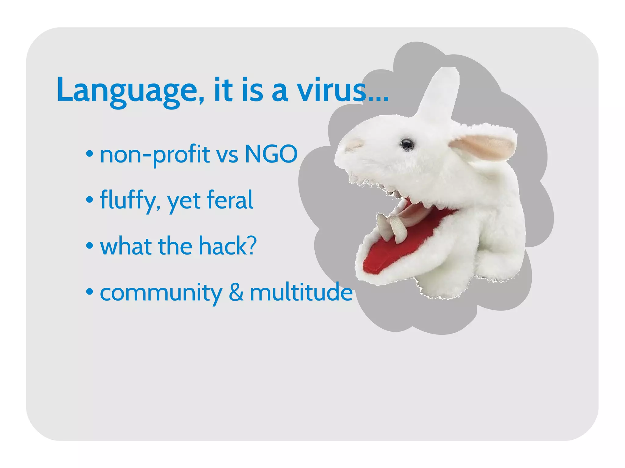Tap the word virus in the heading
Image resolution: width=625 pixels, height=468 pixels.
click(x=331, y=90)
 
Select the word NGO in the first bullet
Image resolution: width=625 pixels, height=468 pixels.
click(x=271, y=154)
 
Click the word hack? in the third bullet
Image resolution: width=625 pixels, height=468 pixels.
click(x=228, y=246)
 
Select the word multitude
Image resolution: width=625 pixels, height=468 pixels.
click(x=301, y=292)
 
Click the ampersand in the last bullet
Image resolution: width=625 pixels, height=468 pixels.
click(x=236, y=292)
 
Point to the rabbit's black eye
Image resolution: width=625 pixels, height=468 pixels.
click(x=407, y=144)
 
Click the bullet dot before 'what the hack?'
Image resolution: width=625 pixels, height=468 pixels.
click(x=89, y=245)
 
